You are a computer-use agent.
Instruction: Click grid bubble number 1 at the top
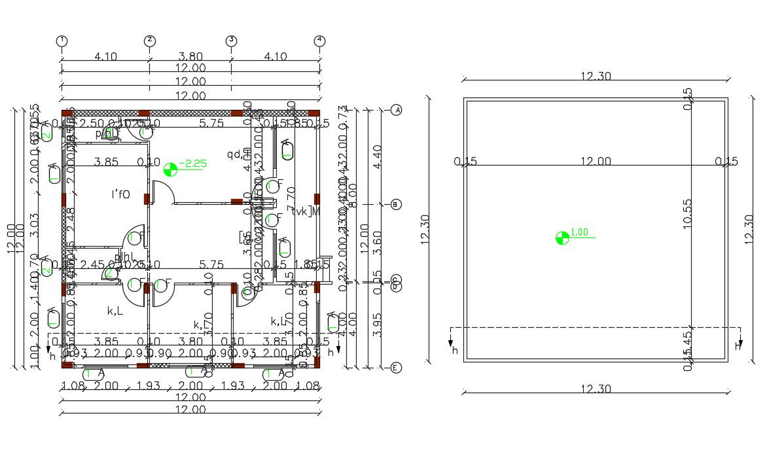coord(62,41)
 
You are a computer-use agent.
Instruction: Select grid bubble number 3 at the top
coord(231,41)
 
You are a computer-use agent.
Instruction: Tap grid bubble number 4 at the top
coord(319,41)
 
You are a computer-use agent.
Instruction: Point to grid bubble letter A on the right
coord(396,110)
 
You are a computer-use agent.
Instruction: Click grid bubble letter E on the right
coord(396,368)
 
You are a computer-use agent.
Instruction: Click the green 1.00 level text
coord(580,232)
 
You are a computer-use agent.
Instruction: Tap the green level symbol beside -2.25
coord(170,169)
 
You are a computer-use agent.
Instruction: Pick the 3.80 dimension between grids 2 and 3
coord(190,57)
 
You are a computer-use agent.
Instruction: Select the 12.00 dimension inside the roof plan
coord(596,162)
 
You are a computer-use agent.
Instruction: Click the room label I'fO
coord(120,194)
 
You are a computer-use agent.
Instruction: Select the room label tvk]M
coord(306,211)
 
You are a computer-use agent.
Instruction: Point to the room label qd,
coord(234,155)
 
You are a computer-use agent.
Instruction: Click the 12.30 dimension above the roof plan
coord(596,77)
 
